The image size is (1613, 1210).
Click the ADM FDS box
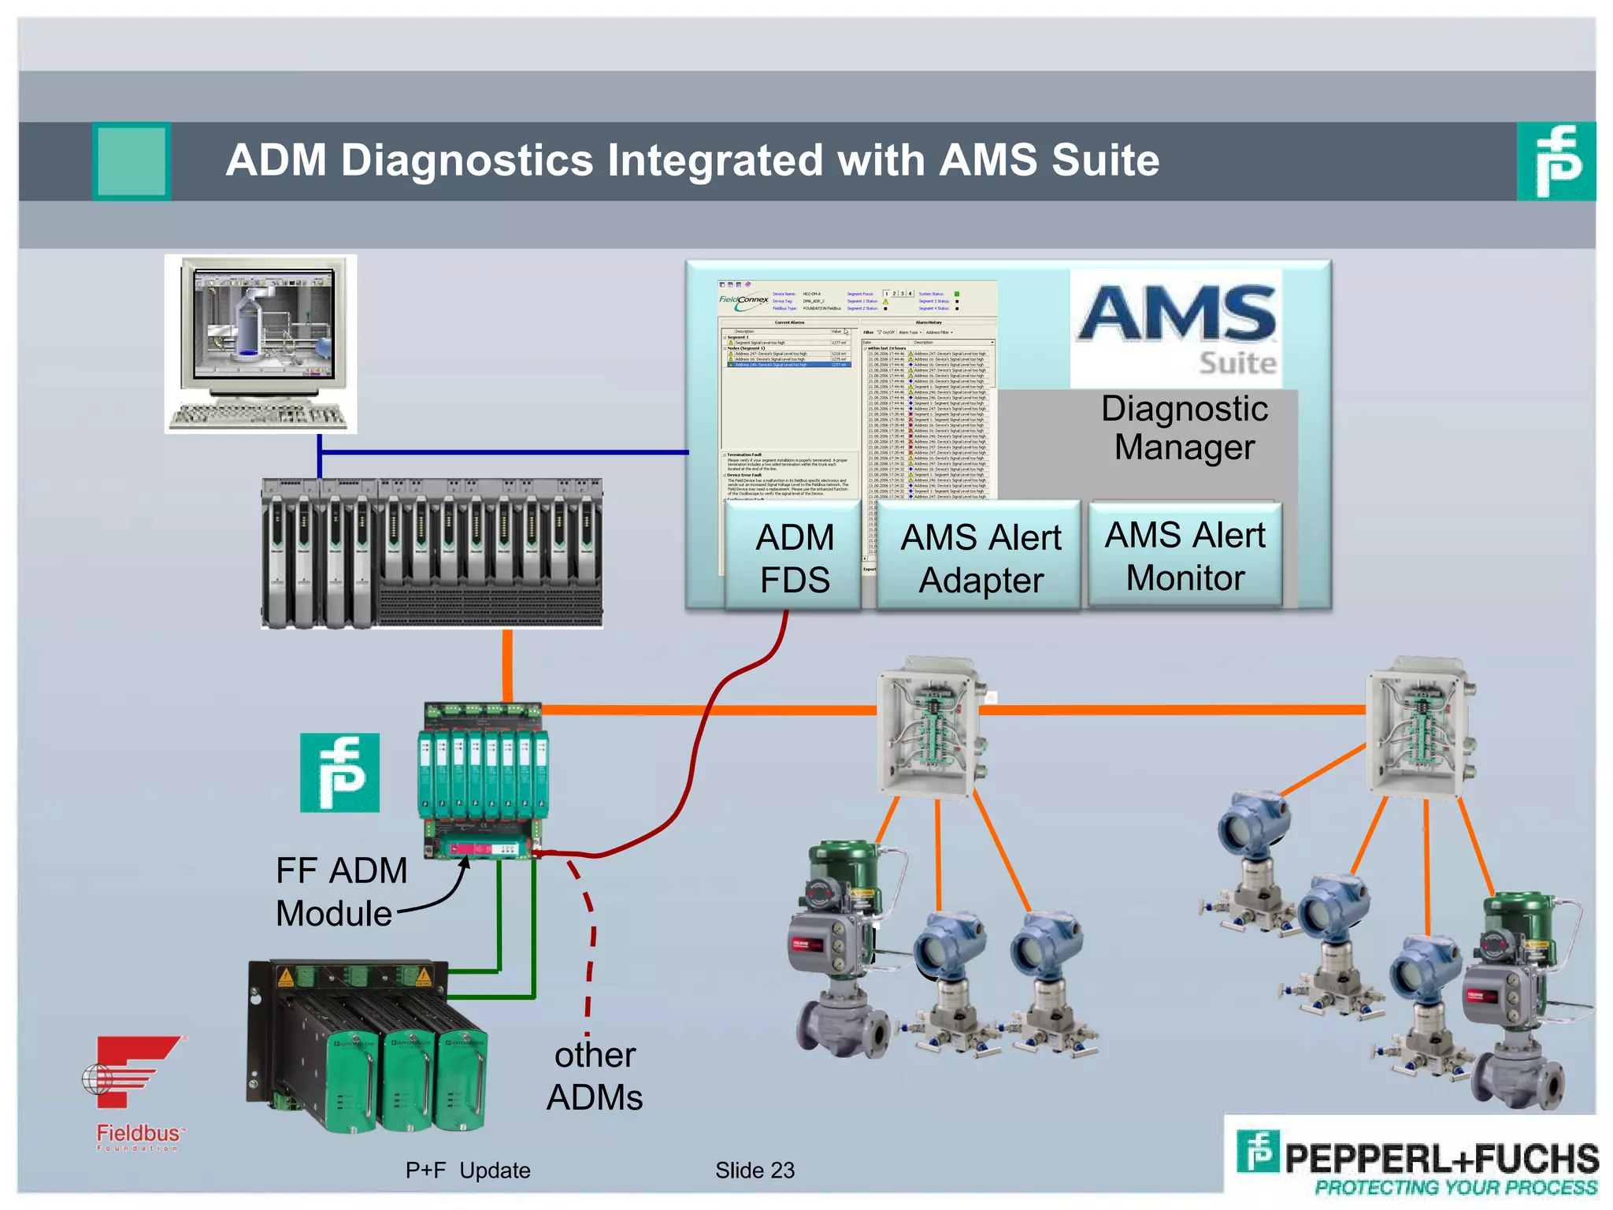794,558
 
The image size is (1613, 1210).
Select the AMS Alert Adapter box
981,558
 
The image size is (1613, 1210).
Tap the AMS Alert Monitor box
1185,555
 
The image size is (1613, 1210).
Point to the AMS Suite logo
1177,328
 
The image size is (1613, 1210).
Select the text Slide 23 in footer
755,1170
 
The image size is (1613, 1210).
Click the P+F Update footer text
468,1170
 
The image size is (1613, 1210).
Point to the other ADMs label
595,1076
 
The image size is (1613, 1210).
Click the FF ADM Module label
340,892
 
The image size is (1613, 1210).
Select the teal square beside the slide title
132,161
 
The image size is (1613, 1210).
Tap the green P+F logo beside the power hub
339,772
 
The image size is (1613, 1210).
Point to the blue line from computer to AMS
504,452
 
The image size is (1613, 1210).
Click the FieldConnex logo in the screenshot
743,300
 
